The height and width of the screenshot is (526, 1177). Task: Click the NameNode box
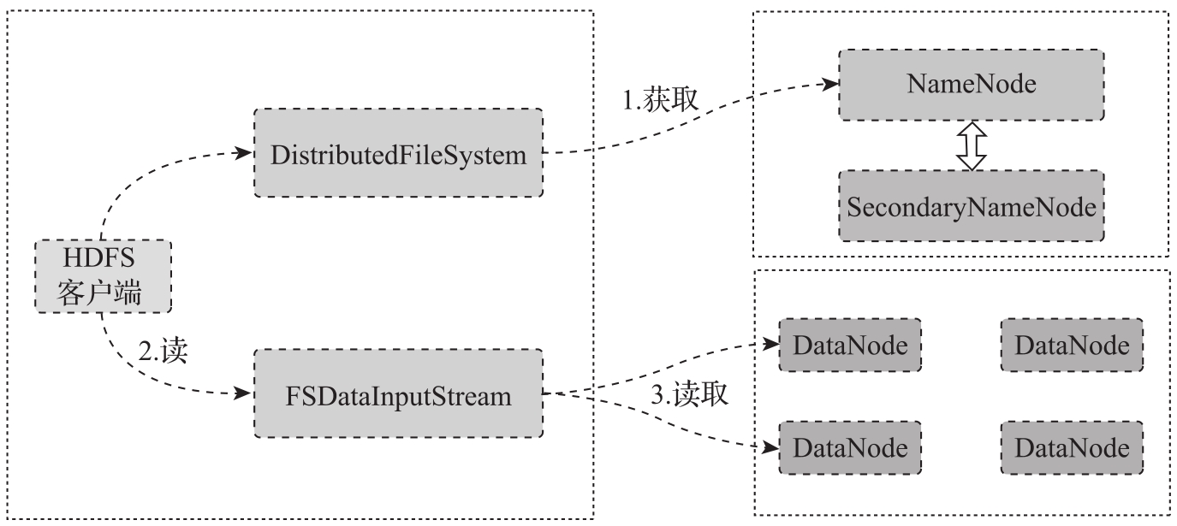click(x=972, y=85)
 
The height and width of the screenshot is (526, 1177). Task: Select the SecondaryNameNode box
click(x=972, y=206)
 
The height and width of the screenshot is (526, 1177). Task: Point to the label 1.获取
click(x=661, y=100)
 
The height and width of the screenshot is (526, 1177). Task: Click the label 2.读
click(x=163, y=352)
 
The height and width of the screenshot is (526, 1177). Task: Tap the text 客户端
click(x=103, y=293)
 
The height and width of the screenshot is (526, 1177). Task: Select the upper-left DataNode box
click(x=850, y=345)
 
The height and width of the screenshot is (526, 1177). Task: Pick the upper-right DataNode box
click(x=1071, y=345)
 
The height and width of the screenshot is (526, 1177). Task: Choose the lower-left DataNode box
click(x=850, y=446)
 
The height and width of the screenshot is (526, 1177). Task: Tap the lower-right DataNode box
click(x=1071, y=446)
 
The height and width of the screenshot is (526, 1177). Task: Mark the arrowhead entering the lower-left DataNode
click(x=770, y=446)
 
